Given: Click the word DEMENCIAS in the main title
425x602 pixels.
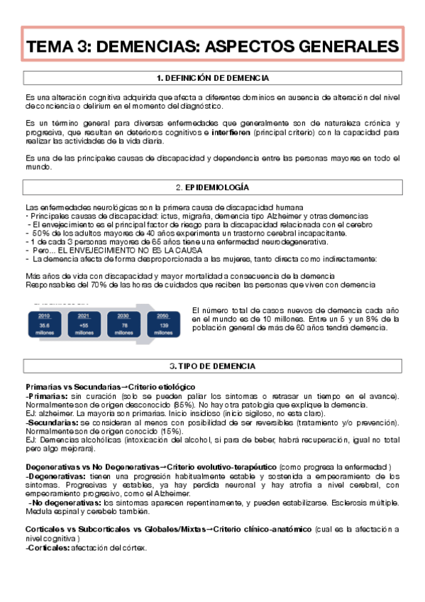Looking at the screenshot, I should point(145,47).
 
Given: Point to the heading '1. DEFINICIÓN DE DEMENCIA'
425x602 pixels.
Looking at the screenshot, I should point(212,77).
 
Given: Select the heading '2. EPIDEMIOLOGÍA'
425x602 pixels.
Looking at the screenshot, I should point(212,187).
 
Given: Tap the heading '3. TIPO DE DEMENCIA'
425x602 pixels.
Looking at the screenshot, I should point(212,366).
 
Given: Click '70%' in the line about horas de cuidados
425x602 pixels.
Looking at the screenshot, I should point(79,285).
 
